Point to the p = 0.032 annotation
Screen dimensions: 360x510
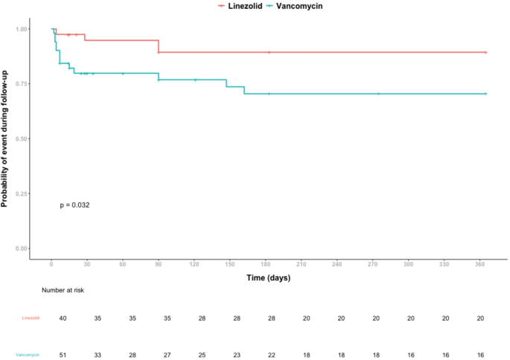point(74,205)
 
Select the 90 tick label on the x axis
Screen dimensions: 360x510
point(159,264)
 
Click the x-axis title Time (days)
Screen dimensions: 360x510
point(268,278)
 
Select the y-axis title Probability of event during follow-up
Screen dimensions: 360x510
point(6,139)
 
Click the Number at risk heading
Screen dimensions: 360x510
point(63,290)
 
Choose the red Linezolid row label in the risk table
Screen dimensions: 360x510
point(31,318)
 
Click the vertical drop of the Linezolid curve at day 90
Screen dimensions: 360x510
point(159,46)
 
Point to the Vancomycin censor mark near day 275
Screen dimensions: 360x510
point(378,94)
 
